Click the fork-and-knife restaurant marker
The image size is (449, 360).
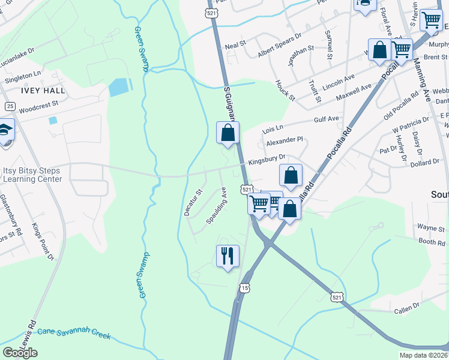pos(228,256)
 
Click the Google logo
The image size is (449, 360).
pos(20,353)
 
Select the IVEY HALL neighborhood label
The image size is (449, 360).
pos(43,90)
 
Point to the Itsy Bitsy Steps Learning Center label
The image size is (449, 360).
pos(32,175)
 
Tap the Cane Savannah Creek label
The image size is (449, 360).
pos(74,334)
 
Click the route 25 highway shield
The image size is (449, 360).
pos(10,106)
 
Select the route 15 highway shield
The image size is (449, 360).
pos(243,289)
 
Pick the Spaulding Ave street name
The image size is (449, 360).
pos(217,205)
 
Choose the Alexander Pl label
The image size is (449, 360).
pos(285,140)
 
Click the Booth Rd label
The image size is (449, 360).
pos(432,242)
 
